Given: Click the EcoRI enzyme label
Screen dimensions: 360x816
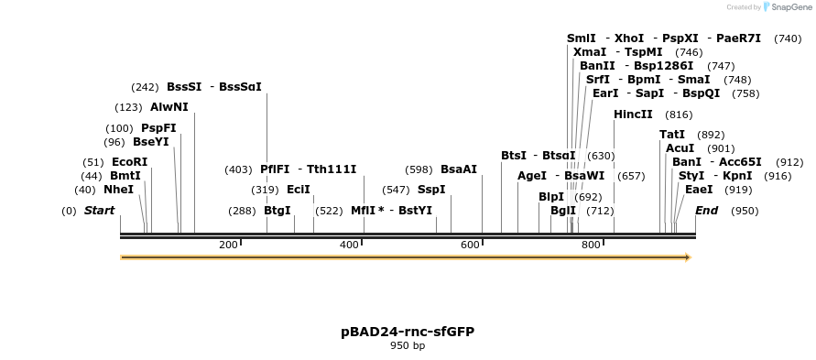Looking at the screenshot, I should point(129,162).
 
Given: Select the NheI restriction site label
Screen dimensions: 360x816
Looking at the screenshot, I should point(118,190).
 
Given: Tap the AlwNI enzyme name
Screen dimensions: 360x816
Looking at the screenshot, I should point(169,107).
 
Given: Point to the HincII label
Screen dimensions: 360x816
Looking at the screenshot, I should point(633,115).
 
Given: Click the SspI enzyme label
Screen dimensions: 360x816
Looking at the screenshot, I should point(431,190).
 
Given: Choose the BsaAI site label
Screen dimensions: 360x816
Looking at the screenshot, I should point(459,169).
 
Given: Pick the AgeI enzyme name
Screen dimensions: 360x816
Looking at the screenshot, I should point(532,176).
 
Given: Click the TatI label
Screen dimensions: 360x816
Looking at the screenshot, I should point(672,135).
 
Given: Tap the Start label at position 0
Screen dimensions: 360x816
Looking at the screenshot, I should point(100,211).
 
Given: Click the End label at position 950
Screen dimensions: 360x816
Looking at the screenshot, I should point(706,211).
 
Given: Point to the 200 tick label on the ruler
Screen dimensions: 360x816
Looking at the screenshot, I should point(228,245).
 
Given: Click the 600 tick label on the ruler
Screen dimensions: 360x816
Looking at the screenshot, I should point(470,245).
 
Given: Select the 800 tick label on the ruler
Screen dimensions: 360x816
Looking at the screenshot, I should point(591,245).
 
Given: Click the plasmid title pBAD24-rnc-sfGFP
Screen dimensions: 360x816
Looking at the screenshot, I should point(408,332).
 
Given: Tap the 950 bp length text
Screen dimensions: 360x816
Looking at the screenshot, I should point(408,346).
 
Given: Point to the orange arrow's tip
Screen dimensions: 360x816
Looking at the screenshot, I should point(688,257).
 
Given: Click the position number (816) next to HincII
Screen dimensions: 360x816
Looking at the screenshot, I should point(679,115).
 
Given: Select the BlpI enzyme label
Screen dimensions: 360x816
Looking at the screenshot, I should point(551,197).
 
